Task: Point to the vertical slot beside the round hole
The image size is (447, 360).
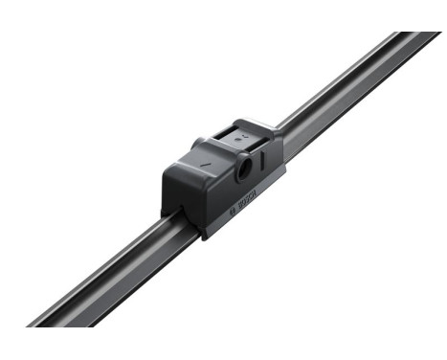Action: [x=260, y=160]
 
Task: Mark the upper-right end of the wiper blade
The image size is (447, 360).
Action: [x=421, y=38]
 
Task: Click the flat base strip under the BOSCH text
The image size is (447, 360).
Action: [x=247, y=213]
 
